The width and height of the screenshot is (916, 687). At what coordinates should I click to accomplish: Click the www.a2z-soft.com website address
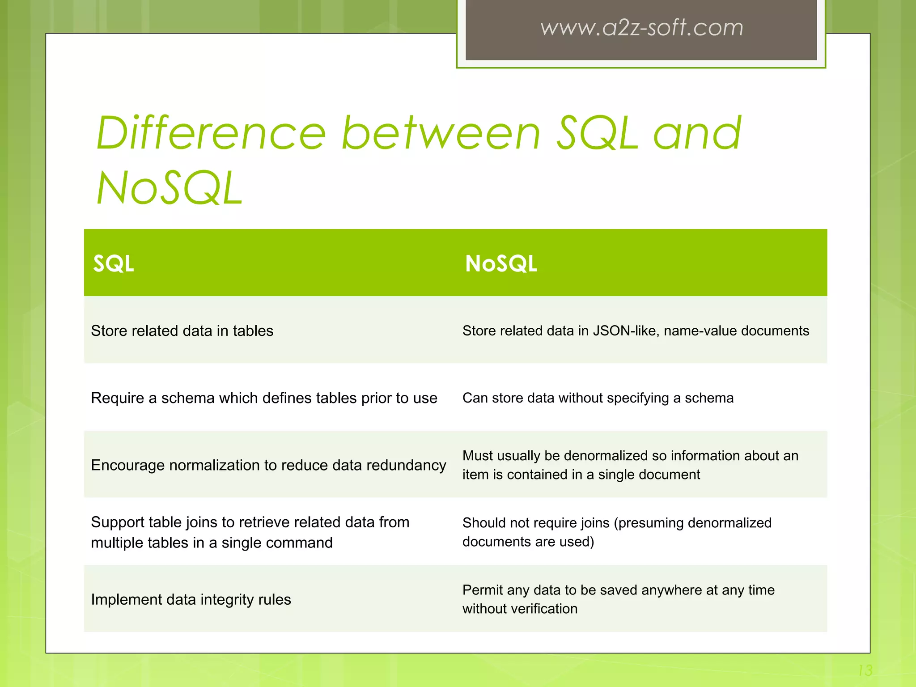click(x=641, y=28)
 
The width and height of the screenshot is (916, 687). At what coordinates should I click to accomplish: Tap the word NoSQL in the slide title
click(x=170, y=189)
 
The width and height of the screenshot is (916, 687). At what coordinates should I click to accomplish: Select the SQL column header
click(x=114, y=263)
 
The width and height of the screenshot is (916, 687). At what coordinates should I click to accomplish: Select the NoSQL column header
click(x=501, y=263)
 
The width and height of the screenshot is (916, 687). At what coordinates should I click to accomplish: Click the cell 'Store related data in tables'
click(x=182, y=331)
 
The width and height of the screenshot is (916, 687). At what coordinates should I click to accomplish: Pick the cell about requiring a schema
click(x=264, y=398)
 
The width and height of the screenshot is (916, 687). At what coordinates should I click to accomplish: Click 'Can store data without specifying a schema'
click(x=598, y=398)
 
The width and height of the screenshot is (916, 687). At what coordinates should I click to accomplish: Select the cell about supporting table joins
click(x=250, y=532)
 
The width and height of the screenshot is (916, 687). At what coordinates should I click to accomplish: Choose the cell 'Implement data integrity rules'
click(x=191, y=599)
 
